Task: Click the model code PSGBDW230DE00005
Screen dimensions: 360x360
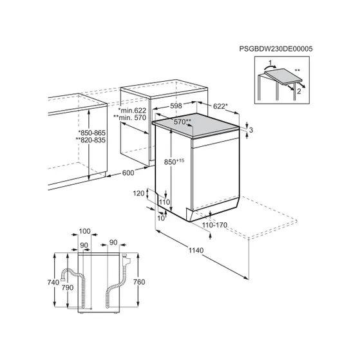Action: click(x=276, y=49)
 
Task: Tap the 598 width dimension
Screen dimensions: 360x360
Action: click(x=176, y=106)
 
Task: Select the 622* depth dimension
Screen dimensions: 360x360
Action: click(x=220, y=106)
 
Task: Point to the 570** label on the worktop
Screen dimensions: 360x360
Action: click(x=182, y=122)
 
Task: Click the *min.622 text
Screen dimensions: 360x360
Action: click(x=132, y=110)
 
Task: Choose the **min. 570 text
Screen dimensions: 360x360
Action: click(x=129, y=118)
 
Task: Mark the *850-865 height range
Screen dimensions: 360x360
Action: click(x=92, y=133)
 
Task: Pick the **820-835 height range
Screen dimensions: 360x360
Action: click(x=90, y=140)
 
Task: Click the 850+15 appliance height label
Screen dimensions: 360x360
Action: click(x=174, y=162)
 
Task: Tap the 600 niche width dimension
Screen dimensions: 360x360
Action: click(x=128, y=173)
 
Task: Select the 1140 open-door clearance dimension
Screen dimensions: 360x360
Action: click(x=196, y=250)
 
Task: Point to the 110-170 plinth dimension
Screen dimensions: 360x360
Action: click(x=214, y=225)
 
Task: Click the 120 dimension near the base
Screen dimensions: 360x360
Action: click(x=139, y=193)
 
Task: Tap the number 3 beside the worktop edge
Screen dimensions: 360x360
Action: click(x=251, y=130)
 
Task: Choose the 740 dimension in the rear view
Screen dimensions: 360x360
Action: click(x=53, y=282)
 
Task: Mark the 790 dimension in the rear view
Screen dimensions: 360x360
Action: click(x=68, y=287)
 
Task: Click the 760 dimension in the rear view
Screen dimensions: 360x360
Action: click(x=139, y=282)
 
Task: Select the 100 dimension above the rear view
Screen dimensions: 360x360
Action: click(x=85, y=231)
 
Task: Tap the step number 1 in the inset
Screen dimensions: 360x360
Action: click(x=270, y=62)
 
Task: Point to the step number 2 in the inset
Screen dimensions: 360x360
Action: click(x=299, y=91)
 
